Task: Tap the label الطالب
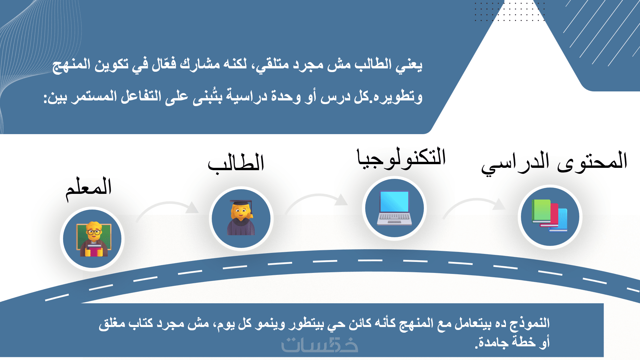tap(236, 163)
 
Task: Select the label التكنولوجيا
tap(401, 158)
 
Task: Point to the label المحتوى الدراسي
tap(554, 162)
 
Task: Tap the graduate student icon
tap(241, 218)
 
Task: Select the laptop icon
tap(395, 208)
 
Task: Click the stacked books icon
tap(550, 216)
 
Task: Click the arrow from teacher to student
tap(167, 203)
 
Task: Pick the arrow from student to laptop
tap(317, 196)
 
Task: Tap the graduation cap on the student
tap(241, 203)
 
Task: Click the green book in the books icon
tap(541, 211)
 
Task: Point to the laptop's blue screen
tap(395, 201)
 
